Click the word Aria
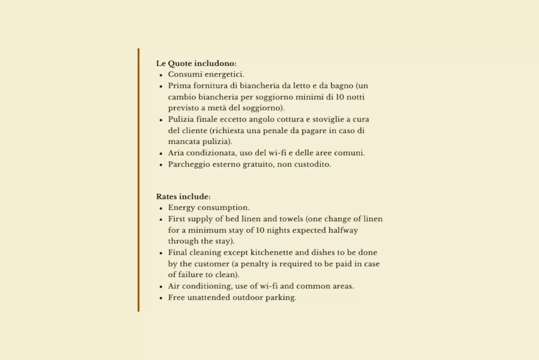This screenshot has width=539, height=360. click(x=176, y=153)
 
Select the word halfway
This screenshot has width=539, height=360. click(x=343, y=230)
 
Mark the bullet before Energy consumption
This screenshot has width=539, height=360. click(x=161, y=208)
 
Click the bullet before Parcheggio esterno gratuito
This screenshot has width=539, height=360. click(x=161, y=165)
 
